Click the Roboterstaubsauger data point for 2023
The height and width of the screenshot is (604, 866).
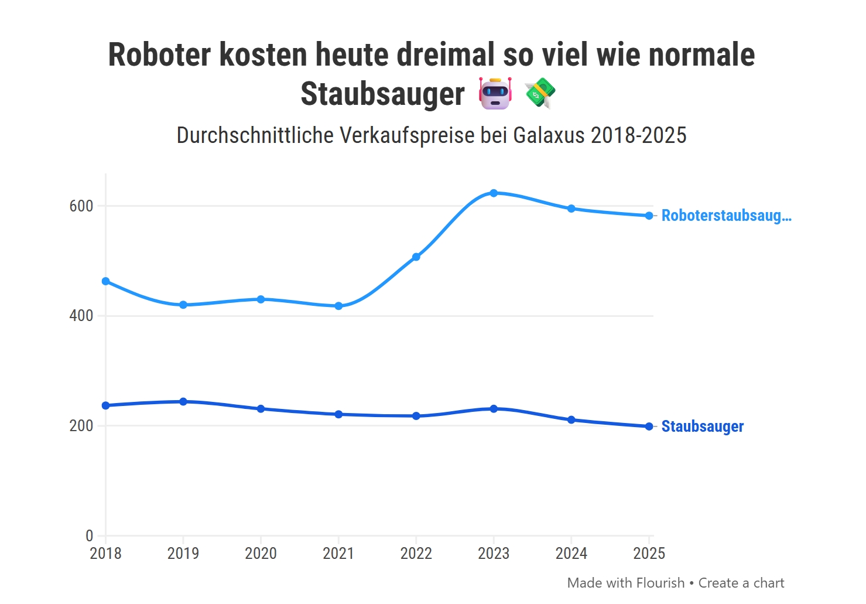[x=494, y=193]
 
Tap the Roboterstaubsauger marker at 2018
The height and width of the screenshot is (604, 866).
[x=106, y=281]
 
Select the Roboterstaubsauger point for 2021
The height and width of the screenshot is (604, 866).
[x=338, y=306]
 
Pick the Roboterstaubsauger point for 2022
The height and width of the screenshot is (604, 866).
[x=416, y=257]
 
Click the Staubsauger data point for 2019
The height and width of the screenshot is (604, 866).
[x=183, y=402]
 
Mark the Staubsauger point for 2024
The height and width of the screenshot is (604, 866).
[x=571, y=420]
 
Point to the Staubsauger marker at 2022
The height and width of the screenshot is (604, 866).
[x=416, y=416]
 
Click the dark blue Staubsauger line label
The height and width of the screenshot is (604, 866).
[x=702, y=426]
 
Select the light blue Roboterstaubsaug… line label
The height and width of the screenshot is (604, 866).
[x=726, y=216]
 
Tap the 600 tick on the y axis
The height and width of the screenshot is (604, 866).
[x=81, y=206]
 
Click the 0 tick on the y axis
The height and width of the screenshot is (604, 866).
[x=89, y=535]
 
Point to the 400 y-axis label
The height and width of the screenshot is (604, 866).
[x=81, y=316]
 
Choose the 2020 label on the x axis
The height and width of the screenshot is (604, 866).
[x=261, y=554]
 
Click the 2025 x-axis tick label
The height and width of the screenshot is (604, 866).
[x=649, y=554]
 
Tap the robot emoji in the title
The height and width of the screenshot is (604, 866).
[x=495, y=94]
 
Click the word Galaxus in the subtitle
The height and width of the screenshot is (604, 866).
[x=549, y=135]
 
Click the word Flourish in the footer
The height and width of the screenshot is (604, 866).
[x=660, y=583]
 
